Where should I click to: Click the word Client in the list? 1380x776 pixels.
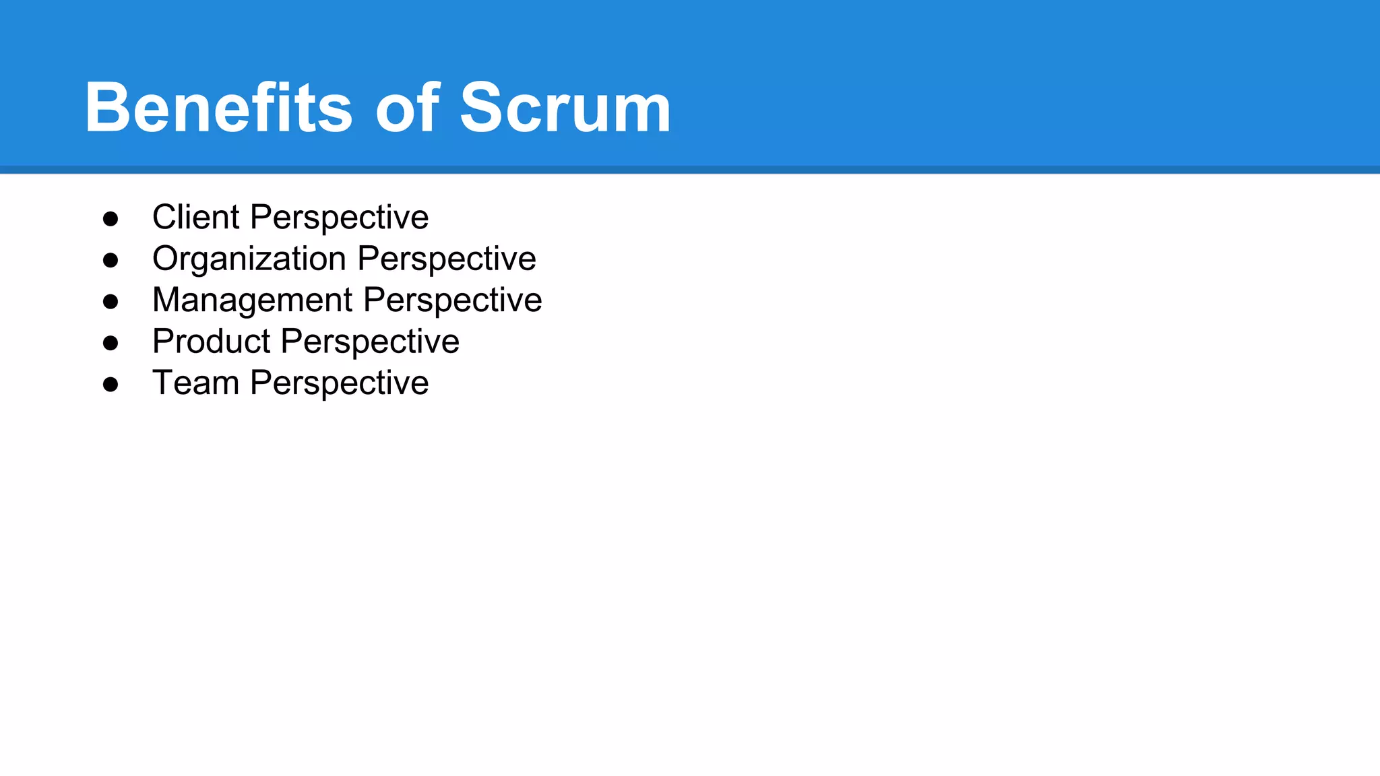195,217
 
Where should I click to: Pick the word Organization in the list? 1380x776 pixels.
249,259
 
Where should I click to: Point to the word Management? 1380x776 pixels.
252,300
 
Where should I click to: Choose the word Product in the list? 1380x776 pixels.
211,342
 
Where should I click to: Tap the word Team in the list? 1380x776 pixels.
195,383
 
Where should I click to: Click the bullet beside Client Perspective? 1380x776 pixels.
111,219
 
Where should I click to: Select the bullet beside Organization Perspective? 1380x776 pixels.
111,260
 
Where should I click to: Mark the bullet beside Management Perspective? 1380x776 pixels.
111,302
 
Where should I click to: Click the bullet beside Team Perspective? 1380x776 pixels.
111,385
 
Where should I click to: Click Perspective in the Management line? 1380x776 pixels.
452,301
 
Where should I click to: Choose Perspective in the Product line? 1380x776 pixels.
370,342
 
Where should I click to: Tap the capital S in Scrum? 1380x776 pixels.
482,108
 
